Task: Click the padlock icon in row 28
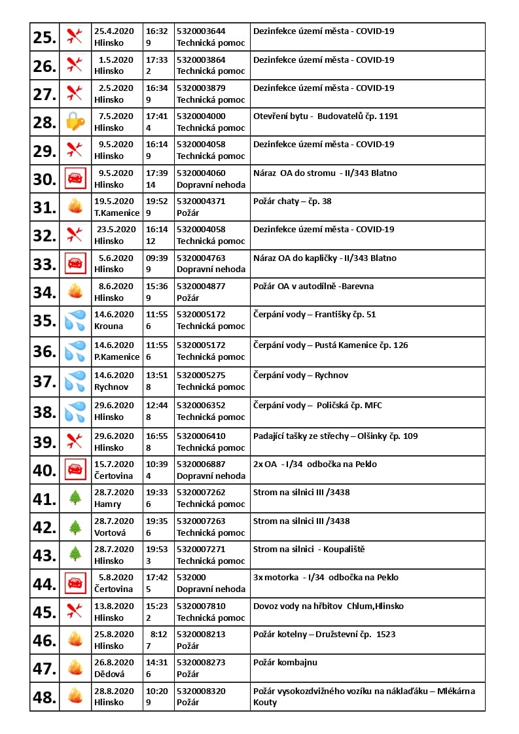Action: click(x=75, y=122)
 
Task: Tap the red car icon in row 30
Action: click(x=75, y=179)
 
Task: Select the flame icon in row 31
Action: click(x=75, y=207)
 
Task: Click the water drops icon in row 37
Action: click(x=75, y=381)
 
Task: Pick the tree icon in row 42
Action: click(x=75, y=527)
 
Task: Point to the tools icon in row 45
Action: click(x=75, y=612)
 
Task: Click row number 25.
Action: click(x=45, y=37)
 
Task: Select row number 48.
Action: click(x=45, y=697)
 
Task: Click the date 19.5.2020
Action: click(x=114, y=201)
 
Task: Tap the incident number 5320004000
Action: click(x=201, y=116)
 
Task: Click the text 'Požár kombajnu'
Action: click(x=285, y=663)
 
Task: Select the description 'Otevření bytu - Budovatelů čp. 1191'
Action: click(x=325, y=116)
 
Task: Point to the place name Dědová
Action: click(x=109, y=674)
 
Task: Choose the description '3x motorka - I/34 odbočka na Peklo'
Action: click(x=325, y=578)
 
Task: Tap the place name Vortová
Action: click(x=110, y=533)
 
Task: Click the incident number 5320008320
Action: click(x=201, y=691)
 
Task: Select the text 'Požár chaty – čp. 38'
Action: click(x=292, y=201)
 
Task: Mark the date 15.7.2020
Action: click(x=114, y=464)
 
